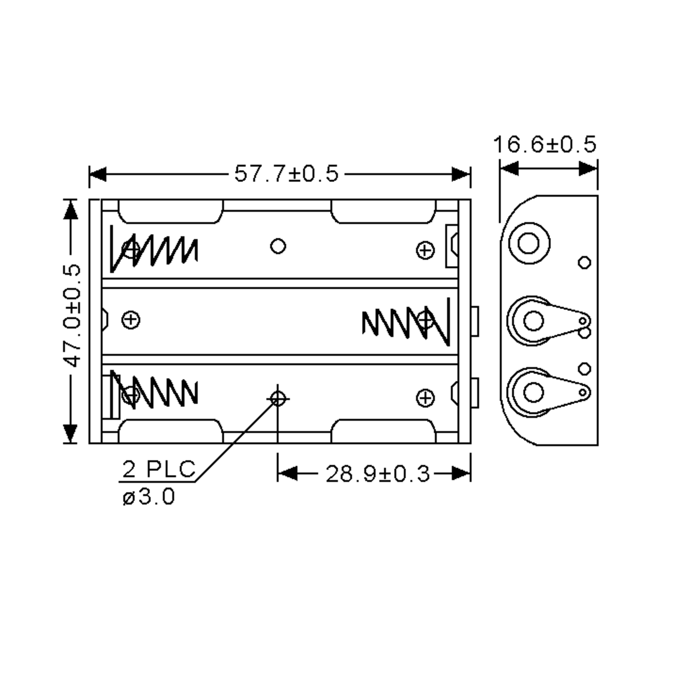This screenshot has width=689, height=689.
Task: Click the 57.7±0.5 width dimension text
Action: (287, 174)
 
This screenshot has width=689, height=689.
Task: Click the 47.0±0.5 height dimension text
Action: (72, 316)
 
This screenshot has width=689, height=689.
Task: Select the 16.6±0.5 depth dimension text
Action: (545, 144)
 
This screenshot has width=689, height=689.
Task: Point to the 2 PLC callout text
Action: (159, 469)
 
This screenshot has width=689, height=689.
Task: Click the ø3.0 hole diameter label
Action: (149, 497)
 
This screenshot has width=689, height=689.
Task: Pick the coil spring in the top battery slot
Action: (154, 250)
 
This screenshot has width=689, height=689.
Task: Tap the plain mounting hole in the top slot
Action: (278, 246)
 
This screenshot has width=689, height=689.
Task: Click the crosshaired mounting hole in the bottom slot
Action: (278, 399)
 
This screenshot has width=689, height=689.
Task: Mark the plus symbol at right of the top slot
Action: (425, 250)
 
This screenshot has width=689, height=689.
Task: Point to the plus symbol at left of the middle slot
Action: (131, 320)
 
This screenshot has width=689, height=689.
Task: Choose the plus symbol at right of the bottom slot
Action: (425, 398)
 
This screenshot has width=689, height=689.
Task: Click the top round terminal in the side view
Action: (529, 243)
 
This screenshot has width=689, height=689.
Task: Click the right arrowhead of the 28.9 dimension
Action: (461, 474)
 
